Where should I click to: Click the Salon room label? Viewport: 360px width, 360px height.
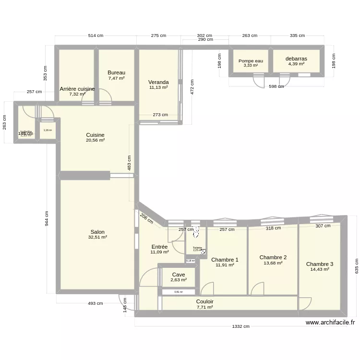(97, 232)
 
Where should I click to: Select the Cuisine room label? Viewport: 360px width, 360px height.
(95, 135)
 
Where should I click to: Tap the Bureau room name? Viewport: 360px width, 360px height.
(116, 72)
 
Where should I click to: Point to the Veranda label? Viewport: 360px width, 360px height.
(158, 82)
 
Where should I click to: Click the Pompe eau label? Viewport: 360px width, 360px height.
(251, 61)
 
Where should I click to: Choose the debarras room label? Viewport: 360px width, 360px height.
(296, 59)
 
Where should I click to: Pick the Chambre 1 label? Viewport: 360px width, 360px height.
(225, 260)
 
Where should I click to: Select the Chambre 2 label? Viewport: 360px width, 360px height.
(273, 257)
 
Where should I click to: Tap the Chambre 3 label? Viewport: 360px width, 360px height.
(320, 264)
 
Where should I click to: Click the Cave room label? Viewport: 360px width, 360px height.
(178, 275)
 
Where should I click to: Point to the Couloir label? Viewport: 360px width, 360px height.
(205, 302)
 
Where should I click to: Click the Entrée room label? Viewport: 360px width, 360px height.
(159, 247)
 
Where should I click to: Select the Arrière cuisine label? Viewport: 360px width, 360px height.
(77, 89)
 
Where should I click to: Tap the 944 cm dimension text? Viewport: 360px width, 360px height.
(47, 218)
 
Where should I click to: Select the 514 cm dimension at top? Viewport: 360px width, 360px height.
(96, 36)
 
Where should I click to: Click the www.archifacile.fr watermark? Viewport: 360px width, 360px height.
(330, 323)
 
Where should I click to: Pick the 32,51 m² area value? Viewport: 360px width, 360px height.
(97, 237)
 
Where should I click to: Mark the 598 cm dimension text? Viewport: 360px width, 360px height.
(276, 86)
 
